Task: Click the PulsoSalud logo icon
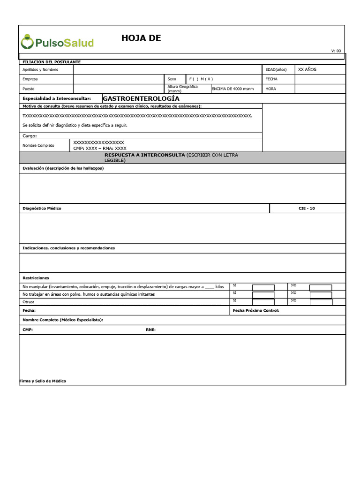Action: (x=27, y=42)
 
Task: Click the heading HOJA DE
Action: (x=141, y=38)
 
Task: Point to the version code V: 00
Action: (x=336, y=51)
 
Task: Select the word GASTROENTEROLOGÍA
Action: (x=141, y=99)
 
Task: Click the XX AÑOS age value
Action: (x=307, y=69)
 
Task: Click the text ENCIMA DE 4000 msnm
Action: (x=232, y=89)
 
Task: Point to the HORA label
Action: (x=270, y=89)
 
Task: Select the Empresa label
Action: (x=30, y=79)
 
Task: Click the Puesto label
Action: (x=29, y=89)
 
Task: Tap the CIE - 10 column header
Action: (x=307, y=209)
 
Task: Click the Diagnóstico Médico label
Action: (x=42, y=209)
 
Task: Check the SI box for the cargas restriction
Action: (x=263, y=287)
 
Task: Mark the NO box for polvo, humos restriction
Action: (x=321, y=295)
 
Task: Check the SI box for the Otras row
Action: (x=263, y=302)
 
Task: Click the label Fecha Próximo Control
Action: (x=255, y=310)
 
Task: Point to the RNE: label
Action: (x=150, y=330)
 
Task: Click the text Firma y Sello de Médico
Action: (x=42, y=381)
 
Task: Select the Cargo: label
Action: (x=30, y=136)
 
